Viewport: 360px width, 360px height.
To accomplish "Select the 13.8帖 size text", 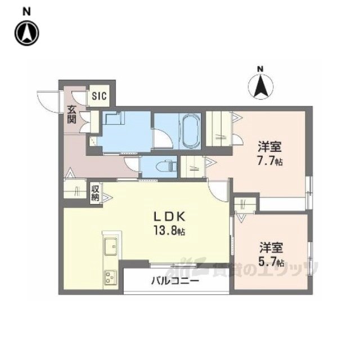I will pyautogui.click(x=167, y=231).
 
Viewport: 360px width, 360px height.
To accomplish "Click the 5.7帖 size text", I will pyautogui.click(x=271, y=262).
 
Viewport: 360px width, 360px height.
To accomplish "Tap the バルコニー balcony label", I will pyautogui.click(x=175, y=281).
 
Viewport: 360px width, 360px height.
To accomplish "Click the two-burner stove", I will pyautogui.click(x=110, y=277).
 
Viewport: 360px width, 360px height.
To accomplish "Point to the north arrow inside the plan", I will pyautogui.click(x=260, y=85).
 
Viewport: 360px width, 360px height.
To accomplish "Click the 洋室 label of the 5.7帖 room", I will pyautogui.click(x=271, y=247).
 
